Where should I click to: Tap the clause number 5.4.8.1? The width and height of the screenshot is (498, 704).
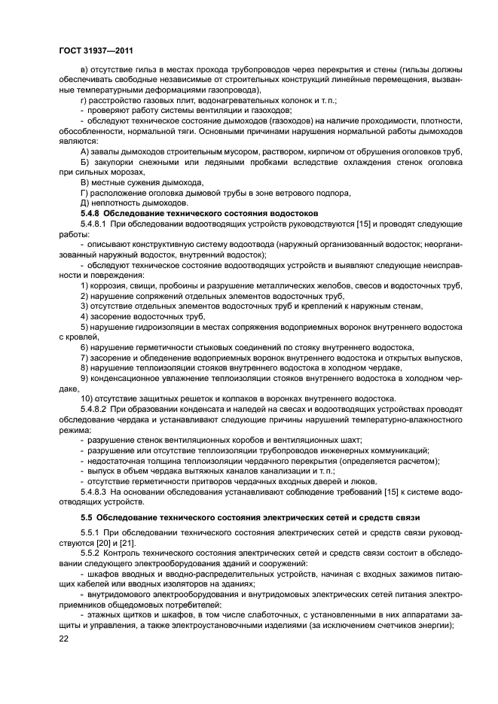[x=95, y=224]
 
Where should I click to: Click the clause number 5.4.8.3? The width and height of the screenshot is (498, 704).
[x=95, y=491]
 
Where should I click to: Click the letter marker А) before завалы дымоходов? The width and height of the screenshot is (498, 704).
[x=84, y=151]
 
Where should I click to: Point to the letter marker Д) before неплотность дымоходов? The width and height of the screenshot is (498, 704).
[x=84, y=203]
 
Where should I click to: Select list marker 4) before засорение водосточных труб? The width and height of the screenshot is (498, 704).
[x=84, y=317]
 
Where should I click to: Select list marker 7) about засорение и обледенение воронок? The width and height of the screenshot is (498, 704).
[x=84, y=358]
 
